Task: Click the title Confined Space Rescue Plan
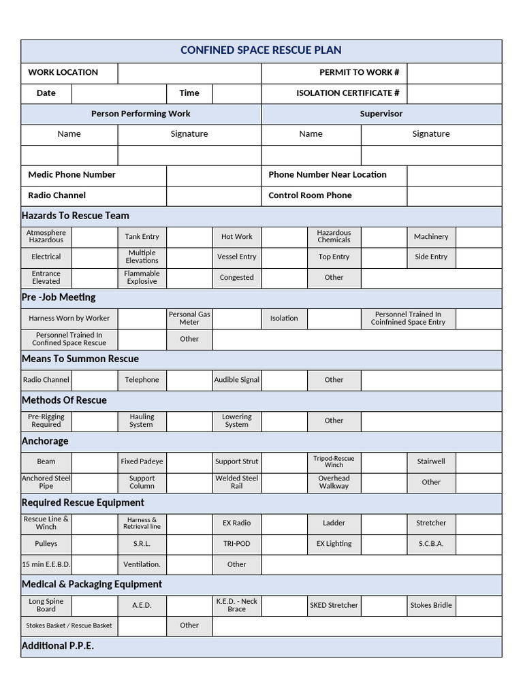coord(261,50)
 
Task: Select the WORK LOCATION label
coord(63,72)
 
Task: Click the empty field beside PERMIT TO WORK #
coord(454,72)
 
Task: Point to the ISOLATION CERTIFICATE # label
coord(347,93)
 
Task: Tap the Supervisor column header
coord(381,114)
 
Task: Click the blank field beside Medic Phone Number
coord(213,175)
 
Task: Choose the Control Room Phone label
coord(310,195)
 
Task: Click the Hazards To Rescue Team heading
coord(76,216)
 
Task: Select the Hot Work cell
coord(236,237)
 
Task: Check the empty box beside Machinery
coord(478,237)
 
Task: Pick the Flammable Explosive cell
coord(142,278)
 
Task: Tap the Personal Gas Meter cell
coord(189,319)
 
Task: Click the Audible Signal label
coord(236,380)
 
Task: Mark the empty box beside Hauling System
coord(189,421)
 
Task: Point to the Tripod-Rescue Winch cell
coord(334,461)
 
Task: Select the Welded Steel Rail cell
coord(236,482)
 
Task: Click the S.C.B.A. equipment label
coord(430,544)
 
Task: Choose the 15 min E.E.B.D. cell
coord(46,564)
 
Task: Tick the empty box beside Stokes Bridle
coord(478,605)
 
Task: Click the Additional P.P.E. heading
coord(58,646)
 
